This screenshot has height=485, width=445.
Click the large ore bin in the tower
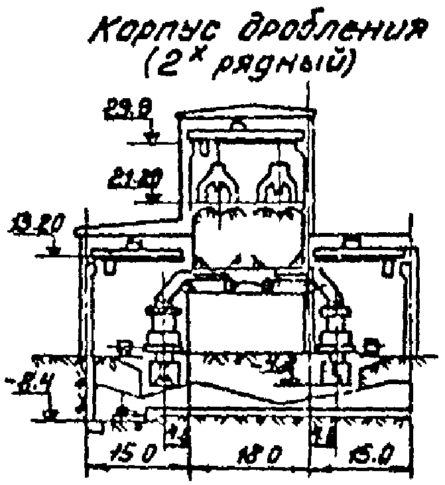point(247,236)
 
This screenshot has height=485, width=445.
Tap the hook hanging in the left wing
point(107,267)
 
